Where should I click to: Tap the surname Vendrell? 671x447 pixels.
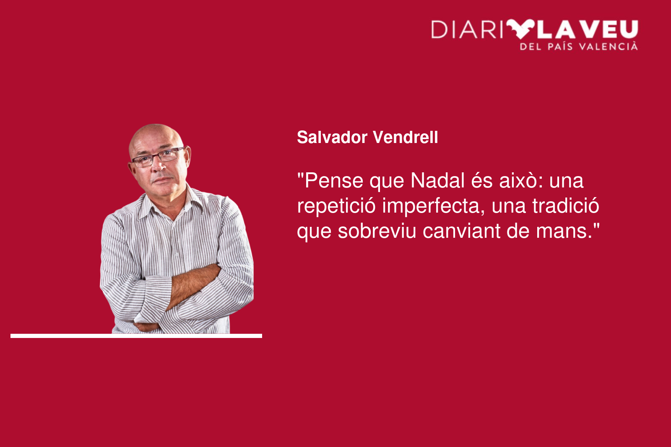[405, 137]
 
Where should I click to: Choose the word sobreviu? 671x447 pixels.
[377, 231]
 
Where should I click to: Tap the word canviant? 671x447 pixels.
[462, 231]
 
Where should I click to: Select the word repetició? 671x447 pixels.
[336, 206]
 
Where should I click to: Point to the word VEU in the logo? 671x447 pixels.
[611, 29]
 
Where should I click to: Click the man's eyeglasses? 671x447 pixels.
[158, 157]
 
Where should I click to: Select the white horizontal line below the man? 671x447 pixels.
[136, 336]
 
